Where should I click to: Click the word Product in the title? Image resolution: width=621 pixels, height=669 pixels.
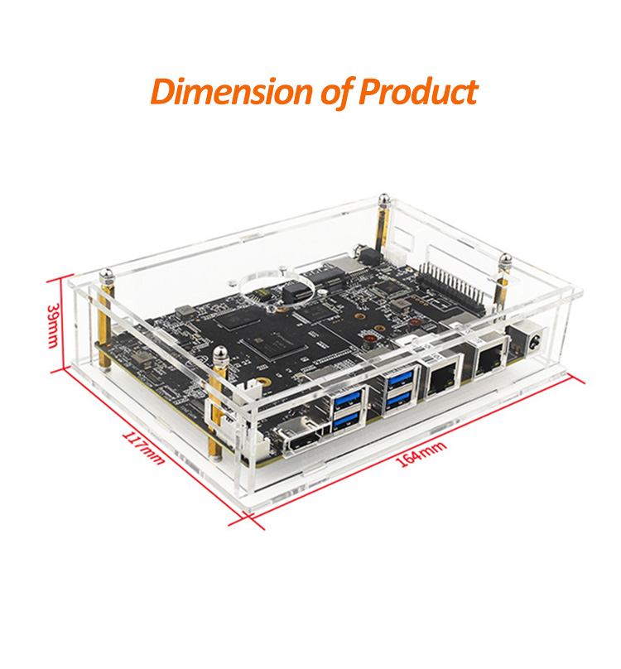[x=418, y=91]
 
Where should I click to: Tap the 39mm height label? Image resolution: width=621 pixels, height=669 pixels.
[x=53, y=325]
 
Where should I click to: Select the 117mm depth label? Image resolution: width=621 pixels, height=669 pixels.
[x=143, y=447]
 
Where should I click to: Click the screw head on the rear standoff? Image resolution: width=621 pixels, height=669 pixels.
[x=384, y=199]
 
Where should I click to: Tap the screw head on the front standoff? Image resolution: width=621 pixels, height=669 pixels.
[x=221, y=354]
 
